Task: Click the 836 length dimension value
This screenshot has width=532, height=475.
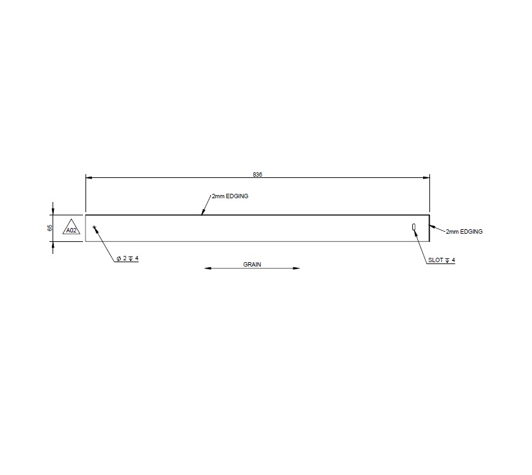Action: coord(257,174)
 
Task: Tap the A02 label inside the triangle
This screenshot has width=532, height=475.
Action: coord(71,231)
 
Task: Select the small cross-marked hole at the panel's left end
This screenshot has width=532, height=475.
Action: coord(94,227)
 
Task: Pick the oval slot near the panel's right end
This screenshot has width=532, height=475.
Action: coord(414,227)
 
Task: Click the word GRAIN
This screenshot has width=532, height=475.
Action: coord(252,263)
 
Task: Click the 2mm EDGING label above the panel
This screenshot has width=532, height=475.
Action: coord(230,196)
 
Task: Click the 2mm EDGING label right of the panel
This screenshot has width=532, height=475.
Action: coord(464,232)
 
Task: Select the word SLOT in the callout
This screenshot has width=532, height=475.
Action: coord(436,260)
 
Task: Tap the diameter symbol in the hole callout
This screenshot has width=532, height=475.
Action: coord(118,258)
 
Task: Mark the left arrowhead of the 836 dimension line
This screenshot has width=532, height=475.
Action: coord(89,178)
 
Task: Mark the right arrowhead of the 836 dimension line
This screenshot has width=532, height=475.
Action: coord(426,178)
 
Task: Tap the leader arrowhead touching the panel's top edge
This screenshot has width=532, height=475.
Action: coord(203,213)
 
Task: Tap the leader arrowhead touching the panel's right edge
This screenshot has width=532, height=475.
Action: coord(432,226)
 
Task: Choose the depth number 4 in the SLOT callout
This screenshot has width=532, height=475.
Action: coord(453,260)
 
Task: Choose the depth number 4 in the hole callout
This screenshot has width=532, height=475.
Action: coord(136,258)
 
